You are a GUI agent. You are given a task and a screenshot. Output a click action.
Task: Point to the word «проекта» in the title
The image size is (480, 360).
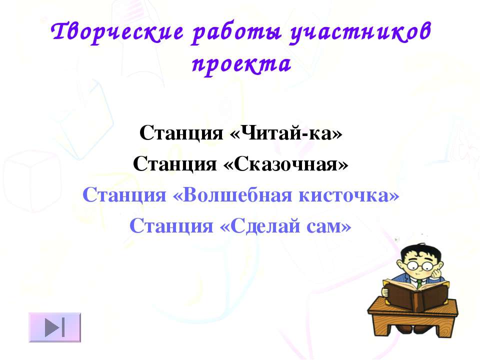(241, 65)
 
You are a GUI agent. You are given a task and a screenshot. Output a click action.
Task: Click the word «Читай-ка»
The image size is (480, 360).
(286, 133)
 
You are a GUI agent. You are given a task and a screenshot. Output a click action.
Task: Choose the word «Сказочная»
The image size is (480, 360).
(286, 164)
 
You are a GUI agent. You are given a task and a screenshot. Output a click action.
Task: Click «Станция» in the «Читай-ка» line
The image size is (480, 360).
(181, 133)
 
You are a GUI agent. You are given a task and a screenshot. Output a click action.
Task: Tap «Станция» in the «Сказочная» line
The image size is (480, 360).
(175, 164)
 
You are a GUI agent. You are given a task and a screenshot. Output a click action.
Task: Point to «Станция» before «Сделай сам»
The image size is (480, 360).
(171, 226)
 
